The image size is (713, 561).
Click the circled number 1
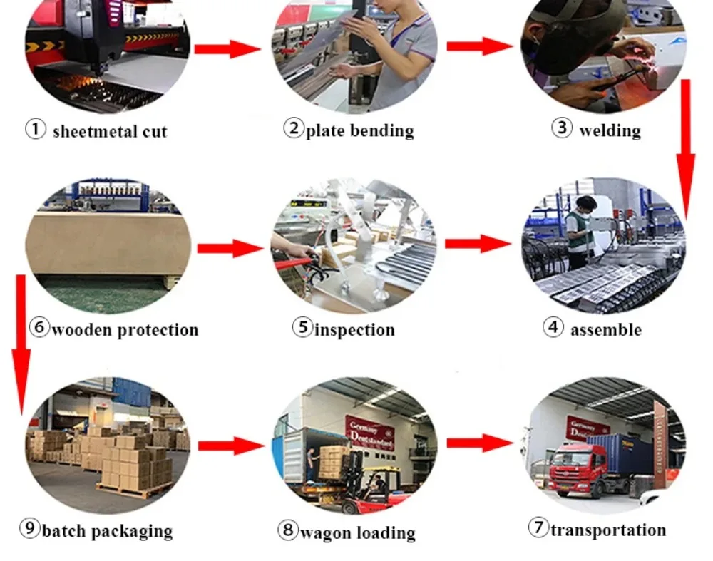35,130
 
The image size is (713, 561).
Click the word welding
610,130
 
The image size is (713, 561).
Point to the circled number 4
553,328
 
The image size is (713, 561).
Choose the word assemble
605,329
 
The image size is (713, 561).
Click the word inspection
354,329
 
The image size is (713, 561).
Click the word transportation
608,530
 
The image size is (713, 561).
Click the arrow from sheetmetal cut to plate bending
227,49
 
